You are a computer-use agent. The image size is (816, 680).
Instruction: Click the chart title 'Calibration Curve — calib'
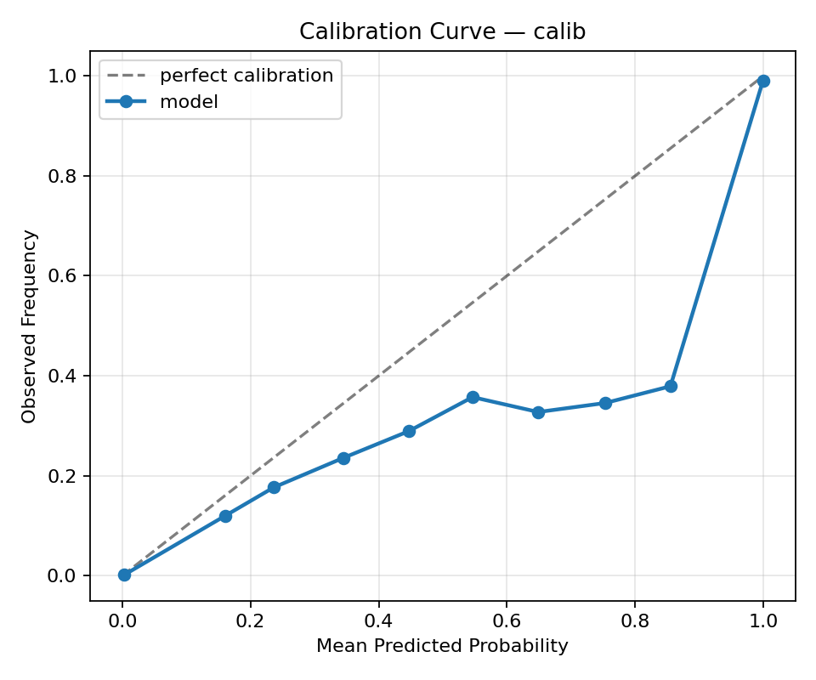pos(442,31)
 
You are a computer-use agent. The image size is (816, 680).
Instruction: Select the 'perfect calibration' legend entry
pos(246,76)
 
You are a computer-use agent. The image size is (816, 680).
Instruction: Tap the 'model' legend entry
pos(189,102)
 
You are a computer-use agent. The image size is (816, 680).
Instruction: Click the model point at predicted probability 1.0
pos(763,81)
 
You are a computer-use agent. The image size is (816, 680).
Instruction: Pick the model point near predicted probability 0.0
pos(124,575)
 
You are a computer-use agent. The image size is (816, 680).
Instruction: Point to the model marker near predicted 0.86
pos(671,386)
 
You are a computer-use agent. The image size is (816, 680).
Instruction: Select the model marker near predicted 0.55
pos(473,397)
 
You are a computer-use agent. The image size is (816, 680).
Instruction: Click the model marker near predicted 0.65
pos(538,412)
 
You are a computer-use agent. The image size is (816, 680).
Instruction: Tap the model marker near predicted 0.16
pos(225,516)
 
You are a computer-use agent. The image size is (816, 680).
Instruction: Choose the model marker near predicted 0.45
pos(409,431)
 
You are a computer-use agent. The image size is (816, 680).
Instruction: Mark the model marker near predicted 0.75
pos(605,403)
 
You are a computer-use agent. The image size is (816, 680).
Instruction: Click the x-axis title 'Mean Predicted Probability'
pos(442,646)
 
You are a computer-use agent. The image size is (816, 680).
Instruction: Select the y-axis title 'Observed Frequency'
pos(30,326)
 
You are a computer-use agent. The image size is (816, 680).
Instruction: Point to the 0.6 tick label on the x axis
pos(506,620)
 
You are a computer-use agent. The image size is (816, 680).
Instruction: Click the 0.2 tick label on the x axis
pos(250,620)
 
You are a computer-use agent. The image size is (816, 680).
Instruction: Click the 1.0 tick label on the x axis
pos(763,620)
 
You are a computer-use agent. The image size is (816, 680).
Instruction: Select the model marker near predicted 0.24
pos(274,487)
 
